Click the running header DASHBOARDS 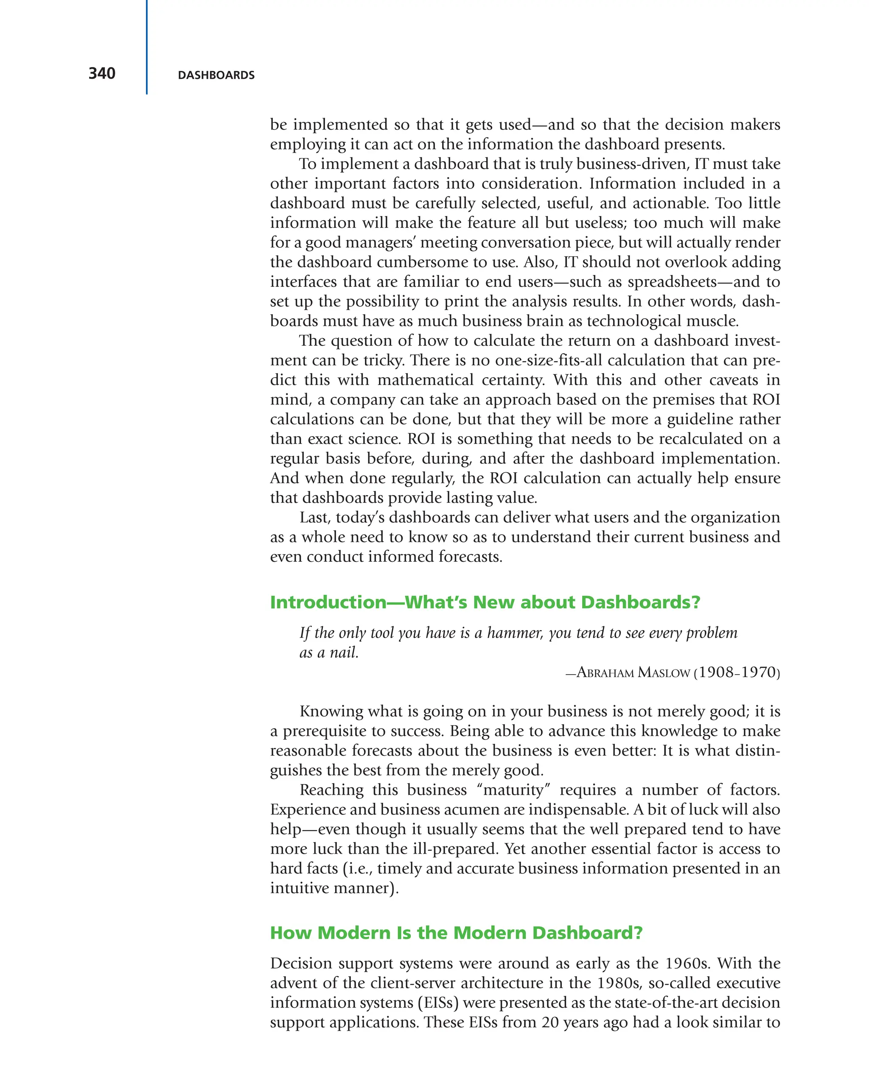tap(216, 76)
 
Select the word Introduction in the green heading tap(328, 602)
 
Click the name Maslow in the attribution tap(663, 673)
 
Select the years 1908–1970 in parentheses tap(737, 673)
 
